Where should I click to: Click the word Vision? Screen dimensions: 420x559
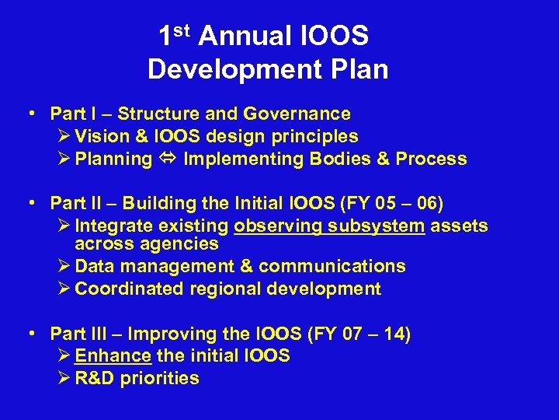point(102,137)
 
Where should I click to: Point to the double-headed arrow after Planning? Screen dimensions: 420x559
point(168,159)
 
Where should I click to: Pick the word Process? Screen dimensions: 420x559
point(431,159)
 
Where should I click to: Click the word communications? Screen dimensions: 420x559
point(332,267)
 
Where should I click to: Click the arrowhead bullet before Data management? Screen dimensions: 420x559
point(64,267)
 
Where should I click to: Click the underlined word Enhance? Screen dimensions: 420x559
point(113,356)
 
